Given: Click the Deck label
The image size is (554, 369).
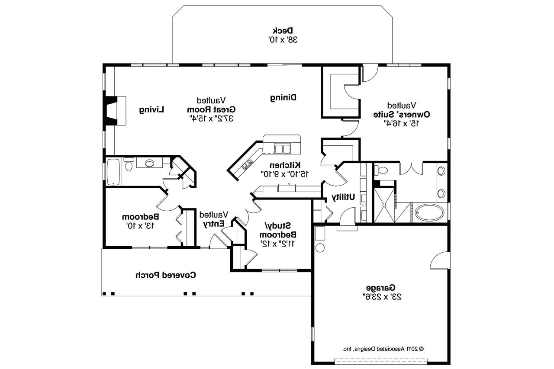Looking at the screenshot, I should tap(283, 31).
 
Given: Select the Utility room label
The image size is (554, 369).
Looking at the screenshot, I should tap(343, 197).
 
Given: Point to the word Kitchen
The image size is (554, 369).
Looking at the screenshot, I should tap(285, 165).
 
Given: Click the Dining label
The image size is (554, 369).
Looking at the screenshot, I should tap(283, 98).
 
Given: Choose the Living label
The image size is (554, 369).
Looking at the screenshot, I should tap(152, 110).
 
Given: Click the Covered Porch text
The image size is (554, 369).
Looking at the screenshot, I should tap(165, 275).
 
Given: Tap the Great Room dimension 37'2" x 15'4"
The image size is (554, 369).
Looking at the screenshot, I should tap(211, 118).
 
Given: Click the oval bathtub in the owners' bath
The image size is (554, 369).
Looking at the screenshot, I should tap(429, 212).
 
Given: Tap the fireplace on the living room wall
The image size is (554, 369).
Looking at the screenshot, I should tap(111, 111).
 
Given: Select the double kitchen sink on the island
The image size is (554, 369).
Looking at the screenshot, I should tap(283, 149).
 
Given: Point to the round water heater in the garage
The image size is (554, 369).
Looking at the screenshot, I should tap(320, 248).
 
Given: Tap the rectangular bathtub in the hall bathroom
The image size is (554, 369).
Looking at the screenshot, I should tap(113, 172).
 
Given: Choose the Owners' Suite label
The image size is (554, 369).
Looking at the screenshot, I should tap(401, 114).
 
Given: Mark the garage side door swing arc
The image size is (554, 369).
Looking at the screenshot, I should tap(438, 261).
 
